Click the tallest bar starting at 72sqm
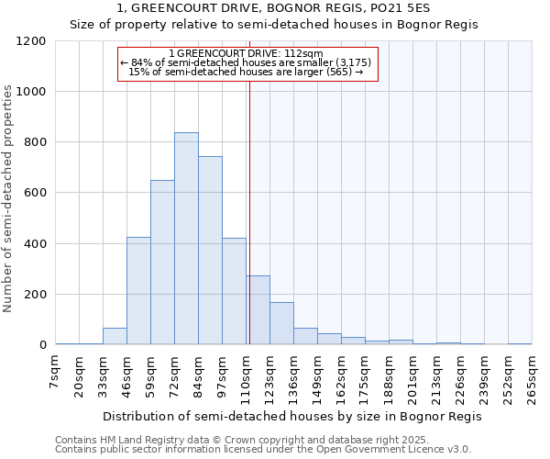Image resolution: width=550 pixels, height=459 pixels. point(186,239)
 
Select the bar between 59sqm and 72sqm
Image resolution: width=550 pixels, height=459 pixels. point(162,263)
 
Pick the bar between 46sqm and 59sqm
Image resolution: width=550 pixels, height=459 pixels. point(138,291)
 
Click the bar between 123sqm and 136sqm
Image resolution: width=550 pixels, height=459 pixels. point(281,323)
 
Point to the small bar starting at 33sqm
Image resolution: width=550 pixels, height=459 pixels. point(115,336)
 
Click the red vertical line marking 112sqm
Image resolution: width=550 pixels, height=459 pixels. point(249,211)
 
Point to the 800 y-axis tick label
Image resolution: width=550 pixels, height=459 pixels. point(35,142)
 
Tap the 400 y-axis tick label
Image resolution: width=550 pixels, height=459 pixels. point(35,244)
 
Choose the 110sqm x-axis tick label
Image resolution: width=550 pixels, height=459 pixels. point(246,377)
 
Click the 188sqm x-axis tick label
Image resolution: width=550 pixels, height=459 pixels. point(389,377)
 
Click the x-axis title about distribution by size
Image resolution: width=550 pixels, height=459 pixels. point(291,416)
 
